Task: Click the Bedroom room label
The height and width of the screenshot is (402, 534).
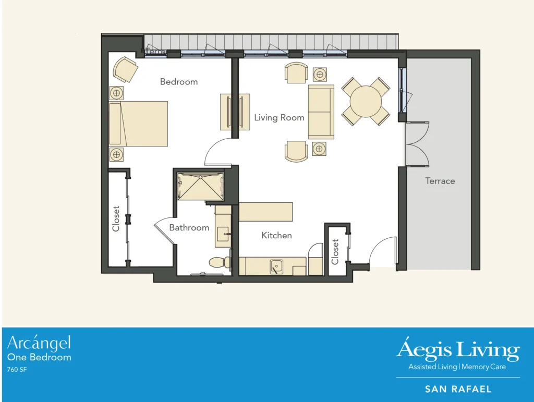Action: tap(178, 82)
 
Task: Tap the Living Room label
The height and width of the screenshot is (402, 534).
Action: tap(279, 118)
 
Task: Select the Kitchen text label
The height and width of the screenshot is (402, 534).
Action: tap(276, 236)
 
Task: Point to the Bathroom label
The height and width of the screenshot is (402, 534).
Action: tap(189, 228)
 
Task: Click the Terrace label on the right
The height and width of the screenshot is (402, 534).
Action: tap(440, 181)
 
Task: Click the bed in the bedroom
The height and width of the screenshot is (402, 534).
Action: tap(139, 124)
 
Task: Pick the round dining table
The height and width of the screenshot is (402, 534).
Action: tap(366, 101)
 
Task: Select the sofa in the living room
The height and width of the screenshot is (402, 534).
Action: tap(321, 112)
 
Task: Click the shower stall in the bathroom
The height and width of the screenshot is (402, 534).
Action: tap(200, 186)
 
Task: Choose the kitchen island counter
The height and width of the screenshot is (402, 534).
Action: tap(265, 212)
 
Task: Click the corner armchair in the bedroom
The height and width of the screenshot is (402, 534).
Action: tap(126, 69)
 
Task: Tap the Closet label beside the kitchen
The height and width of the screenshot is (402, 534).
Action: tap(335, 251)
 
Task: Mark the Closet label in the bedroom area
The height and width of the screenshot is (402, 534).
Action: tap(116, 218)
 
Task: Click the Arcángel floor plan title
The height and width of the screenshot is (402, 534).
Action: tap(39, 343)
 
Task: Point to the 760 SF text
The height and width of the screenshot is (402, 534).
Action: tap(17, 370)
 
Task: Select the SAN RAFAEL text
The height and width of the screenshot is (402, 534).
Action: tap(458, 389)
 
